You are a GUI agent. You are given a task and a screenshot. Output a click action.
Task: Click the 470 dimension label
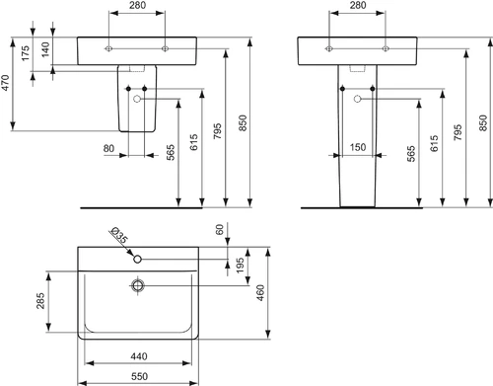pyautogui.click(x=6, y=83)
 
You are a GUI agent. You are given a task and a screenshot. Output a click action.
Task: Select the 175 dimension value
pyautogui.click(x=25, y=53)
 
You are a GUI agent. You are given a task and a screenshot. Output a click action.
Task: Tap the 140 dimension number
pyautogui.click(x=45, y=49)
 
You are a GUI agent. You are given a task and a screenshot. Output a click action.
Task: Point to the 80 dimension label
pyautogui.click(x=108, y=148)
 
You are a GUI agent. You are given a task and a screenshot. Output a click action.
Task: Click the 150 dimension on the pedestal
pyautogui.click(x=358, y=147)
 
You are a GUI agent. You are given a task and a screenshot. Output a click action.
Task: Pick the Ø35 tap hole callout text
pyautogui.click(x=119, y=235)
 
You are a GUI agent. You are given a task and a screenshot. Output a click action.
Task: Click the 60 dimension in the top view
pyautogui.click(x=220, y=229)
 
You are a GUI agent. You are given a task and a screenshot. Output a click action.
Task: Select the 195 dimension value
pyautogui.click(x=240, y=266)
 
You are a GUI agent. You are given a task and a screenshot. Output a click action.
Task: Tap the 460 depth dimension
pyautogui.click(x=259, y=293)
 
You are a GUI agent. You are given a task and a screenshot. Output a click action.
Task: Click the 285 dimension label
pyautogui.click(x=40, y=301)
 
